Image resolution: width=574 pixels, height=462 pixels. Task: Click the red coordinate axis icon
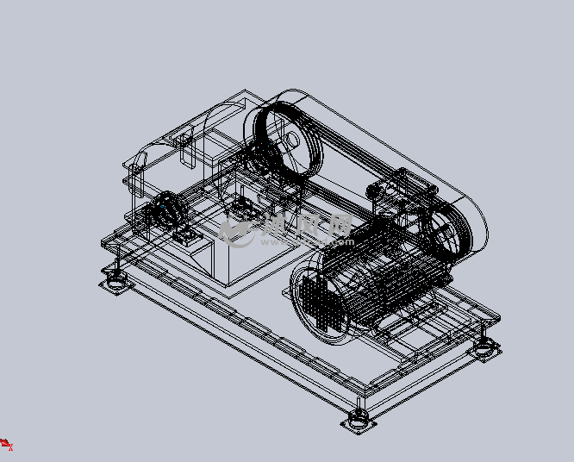point(6,444)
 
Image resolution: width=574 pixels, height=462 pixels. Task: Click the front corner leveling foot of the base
point(357,421)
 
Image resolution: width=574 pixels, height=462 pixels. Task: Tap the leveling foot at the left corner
point(114,282)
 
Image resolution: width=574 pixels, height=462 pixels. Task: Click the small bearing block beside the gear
point(184,237)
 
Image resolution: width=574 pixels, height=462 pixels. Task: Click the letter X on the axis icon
point(12,449)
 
